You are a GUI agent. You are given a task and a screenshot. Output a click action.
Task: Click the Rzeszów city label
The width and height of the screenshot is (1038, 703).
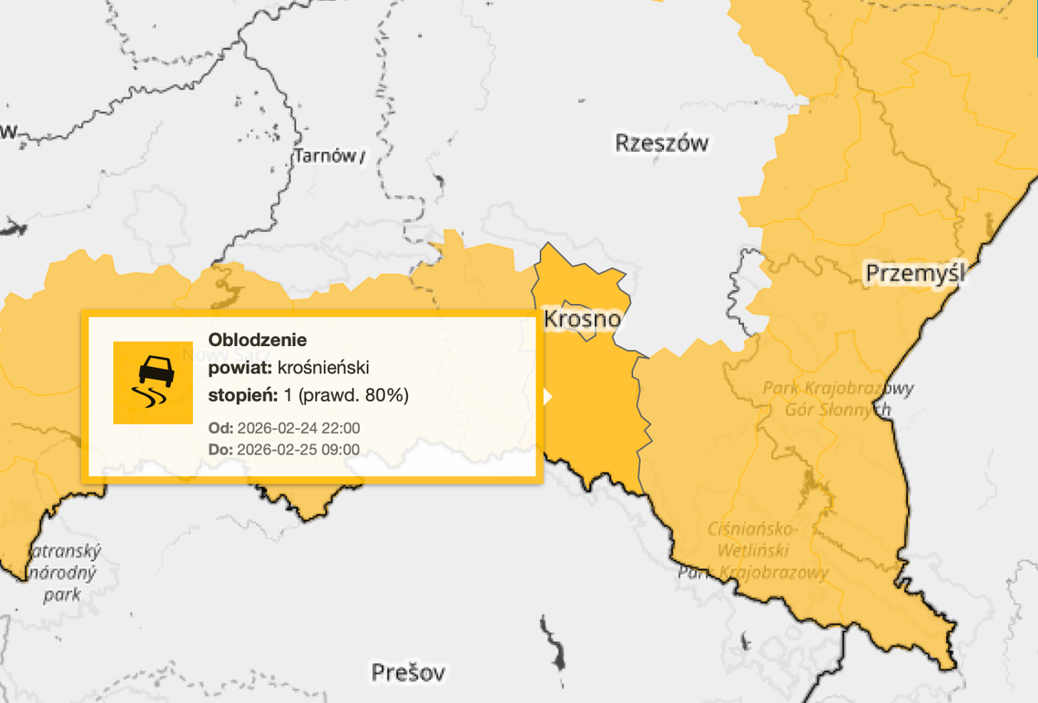point(662,143)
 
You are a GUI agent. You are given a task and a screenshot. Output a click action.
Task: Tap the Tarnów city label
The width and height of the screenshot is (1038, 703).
point(325,157)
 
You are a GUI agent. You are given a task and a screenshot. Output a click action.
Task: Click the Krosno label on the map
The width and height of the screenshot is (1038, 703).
point(583,319)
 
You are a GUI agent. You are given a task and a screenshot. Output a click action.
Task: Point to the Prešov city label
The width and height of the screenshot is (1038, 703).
point(409,673)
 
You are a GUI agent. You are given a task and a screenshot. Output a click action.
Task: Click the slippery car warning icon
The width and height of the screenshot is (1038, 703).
point(153,382)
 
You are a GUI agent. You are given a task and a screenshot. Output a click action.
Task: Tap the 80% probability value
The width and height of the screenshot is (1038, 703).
point(386,395)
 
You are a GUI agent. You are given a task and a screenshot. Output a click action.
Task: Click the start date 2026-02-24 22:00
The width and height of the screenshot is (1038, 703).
point(299,428)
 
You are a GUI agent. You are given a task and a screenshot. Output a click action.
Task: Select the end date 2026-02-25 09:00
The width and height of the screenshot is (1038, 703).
point(298,449)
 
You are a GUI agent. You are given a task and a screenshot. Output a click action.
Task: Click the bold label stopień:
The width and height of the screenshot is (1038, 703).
point(239,395)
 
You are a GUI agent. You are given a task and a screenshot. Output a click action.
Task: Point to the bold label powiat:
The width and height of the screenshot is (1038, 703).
point(239,367)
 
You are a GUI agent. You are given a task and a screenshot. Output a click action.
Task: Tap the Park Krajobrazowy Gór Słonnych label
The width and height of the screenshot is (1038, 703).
point(838,399)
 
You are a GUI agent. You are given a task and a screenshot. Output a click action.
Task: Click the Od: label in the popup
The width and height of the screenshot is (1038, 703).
point(220,428)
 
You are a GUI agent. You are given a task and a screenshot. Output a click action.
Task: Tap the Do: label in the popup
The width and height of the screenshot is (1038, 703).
point(220,449)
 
